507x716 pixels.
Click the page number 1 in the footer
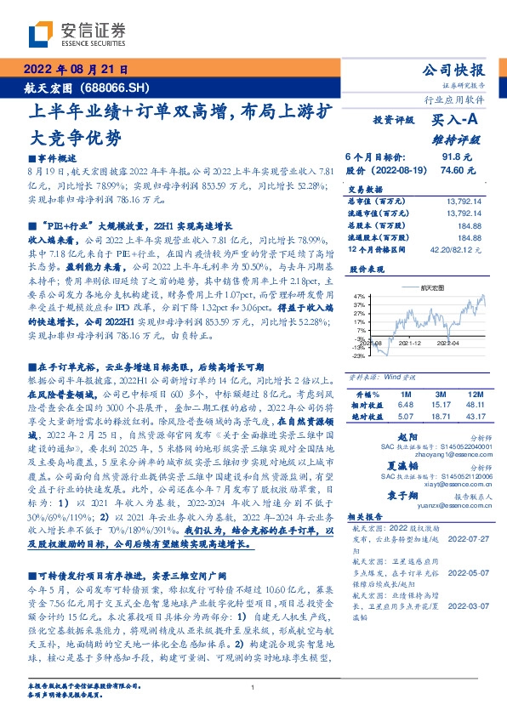[253, 687]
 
